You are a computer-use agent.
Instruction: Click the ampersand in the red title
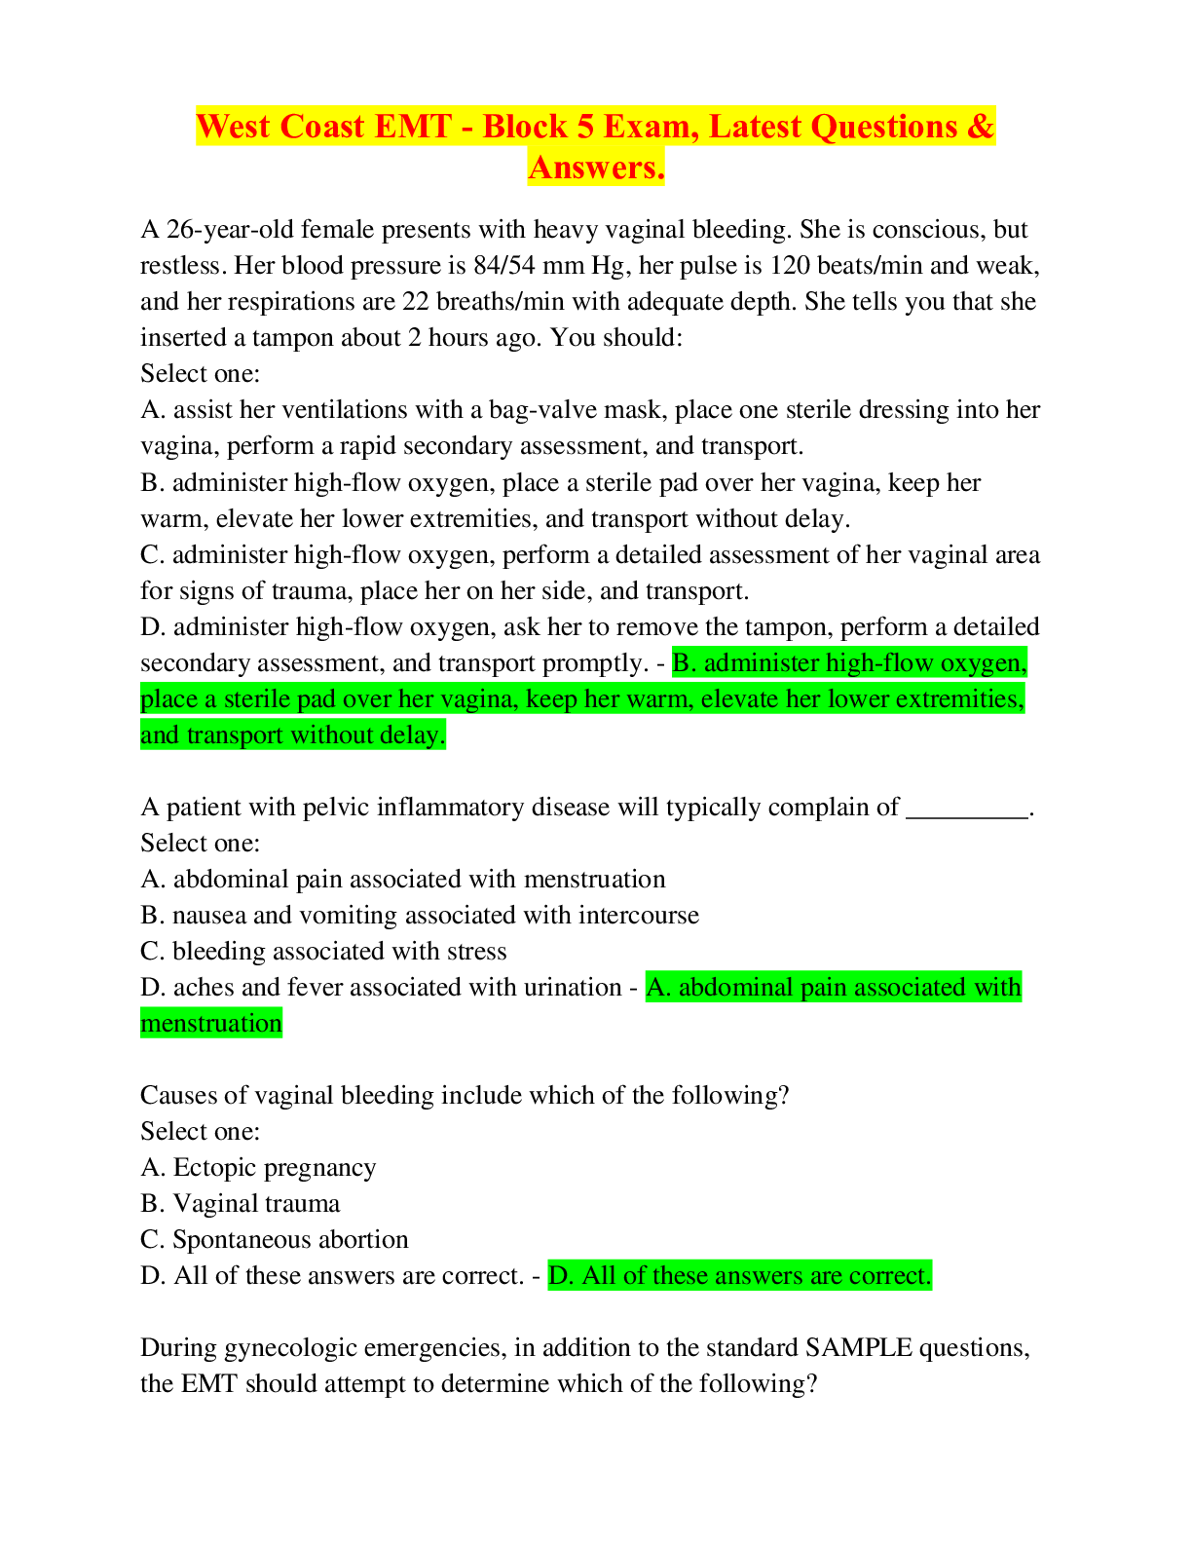[980, 127]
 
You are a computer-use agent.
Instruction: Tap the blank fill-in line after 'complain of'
[967, 817]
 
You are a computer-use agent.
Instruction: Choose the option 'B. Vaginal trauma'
[240, 1204]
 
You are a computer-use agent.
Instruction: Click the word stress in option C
[476, 952]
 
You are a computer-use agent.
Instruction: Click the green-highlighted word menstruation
[211, 1024]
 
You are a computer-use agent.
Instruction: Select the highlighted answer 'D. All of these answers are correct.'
[740, 1276]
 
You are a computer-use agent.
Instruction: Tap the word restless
[180, 266]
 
